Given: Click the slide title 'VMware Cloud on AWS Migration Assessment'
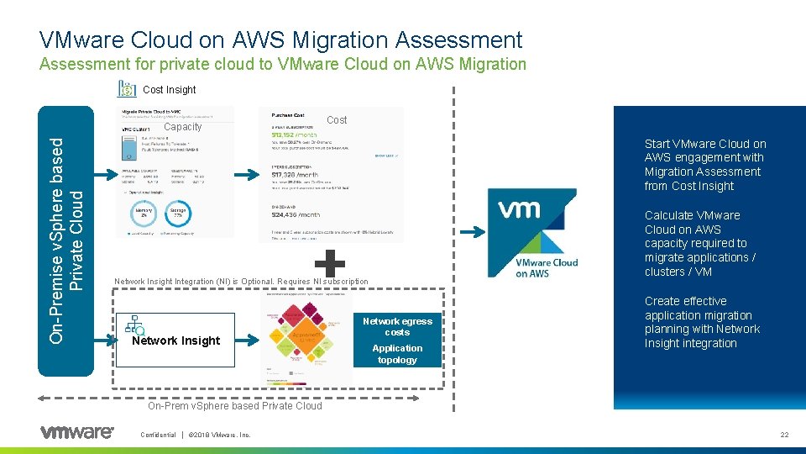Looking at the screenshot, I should (280, 40).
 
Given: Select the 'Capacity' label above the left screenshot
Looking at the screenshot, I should (183, 127).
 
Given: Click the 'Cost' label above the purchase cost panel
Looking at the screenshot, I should (337, 120).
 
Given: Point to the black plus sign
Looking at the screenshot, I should (333, 262).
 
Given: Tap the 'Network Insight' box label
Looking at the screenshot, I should (176, 340).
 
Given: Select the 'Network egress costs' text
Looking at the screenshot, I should (397, 326).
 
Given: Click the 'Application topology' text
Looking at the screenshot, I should (397, 354).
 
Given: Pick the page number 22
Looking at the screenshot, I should (784, 435).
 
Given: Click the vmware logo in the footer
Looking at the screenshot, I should (76, 432).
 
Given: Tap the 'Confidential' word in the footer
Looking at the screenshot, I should (158, 435).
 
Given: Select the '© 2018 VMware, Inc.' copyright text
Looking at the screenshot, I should (220, 435).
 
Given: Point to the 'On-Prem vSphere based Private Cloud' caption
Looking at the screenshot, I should (235, 405).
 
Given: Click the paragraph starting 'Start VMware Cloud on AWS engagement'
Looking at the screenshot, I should (704, 165).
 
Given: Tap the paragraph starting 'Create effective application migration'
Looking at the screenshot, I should (702, 322).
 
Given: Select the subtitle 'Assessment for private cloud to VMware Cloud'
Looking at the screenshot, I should (283, 65).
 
